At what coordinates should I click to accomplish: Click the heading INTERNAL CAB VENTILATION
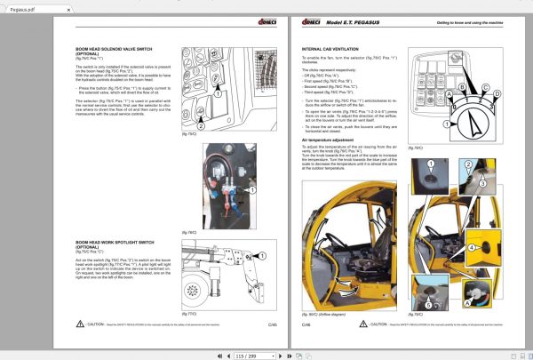pyautogui.click(x=331, y=50)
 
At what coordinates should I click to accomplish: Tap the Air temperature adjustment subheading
pyautogui.click(x=331, y=140)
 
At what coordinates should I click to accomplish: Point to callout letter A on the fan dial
pyautogui.click(x=453, y=92)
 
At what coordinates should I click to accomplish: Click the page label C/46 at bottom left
pyautogui.click(x=306, y=326)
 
